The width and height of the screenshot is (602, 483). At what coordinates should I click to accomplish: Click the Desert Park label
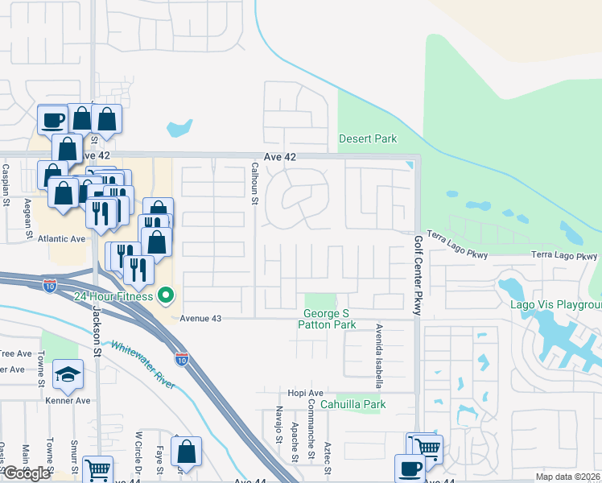point(368,138)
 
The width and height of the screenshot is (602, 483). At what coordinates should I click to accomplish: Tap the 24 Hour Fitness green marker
point(167,296)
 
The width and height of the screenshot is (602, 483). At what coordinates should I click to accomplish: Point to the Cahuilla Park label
point(353,404)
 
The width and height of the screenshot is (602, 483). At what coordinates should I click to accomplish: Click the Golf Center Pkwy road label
point(418,275)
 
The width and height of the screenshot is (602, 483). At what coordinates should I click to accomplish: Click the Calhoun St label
point(254,183)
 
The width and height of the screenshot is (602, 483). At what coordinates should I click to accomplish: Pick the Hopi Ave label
point(305,392)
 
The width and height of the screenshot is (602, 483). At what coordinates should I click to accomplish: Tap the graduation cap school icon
point(68,374)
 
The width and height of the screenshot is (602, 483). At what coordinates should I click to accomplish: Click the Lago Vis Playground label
point(556,304)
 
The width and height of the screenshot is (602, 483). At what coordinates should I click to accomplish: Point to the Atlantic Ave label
point(60,239)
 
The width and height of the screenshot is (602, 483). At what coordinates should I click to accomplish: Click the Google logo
point(27,473)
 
